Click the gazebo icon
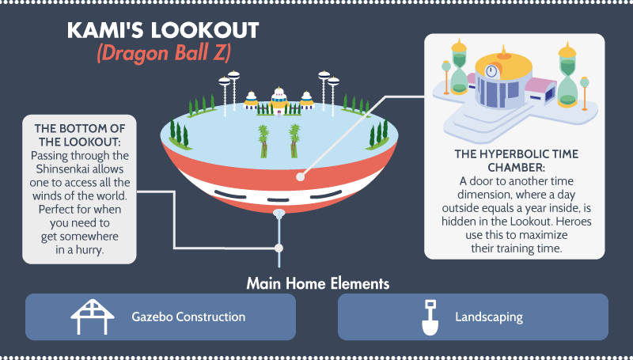tap(93, 316)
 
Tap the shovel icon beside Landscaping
tap(430, 317)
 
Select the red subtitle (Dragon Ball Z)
tap(164, 53)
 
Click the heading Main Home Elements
tap(318, 284)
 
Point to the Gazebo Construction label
tap(188, 316)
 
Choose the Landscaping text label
tap(489, 317)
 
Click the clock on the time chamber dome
tap(491, 71)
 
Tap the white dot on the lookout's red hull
tap(301, 176)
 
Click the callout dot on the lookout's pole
tap(279, 248)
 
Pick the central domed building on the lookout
tap(279, 100)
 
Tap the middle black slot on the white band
tap(279, 199)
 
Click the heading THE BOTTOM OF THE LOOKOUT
tap(80, 135)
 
